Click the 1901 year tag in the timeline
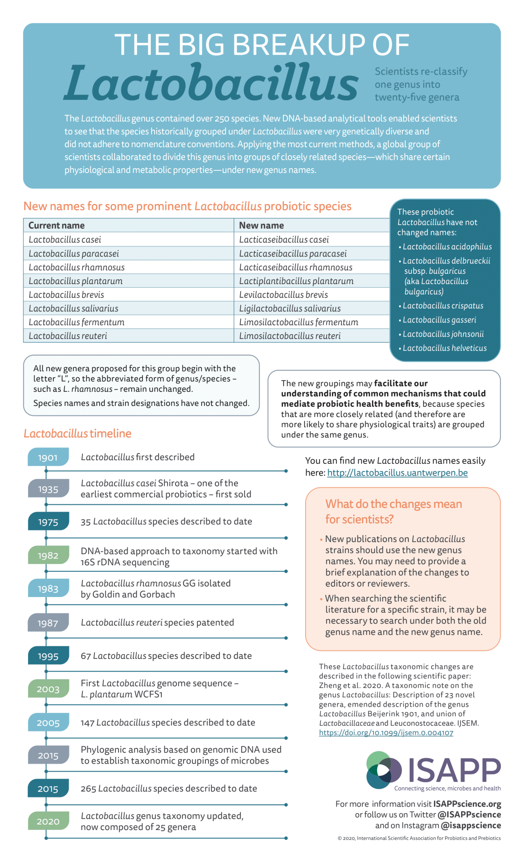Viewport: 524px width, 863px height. pyautogui.click(x=48, y=457)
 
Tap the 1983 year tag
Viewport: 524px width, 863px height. pyautogui.click(x=48, y=589)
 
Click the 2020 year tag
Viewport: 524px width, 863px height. pyautogui.click(x=48, y=821)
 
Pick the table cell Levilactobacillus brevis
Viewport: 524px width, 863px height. pyautogui.click(x=283, y=295)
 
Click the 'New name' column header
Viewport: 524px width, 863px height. pyautogui.click(x=261, y=226)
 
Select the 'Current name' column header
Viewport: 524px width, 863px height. pyautogui.click(x=56, y=226)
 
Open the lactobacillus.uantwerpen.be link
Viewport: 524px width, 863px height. pyautogui.click(x=397, y=473)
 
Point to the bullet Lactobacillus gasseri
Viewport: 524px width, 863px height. pyautogui.click(x=439, y=320)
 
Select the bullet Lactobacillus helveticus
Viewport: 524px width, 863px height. pyautogui.click(x=444, y=348)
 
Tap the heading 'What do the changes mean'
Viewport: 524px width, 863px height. pyautogui.click(x=394, y=504)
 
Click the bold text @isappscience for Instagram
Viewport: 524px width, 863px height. pyautogui.click(x=471, y=826)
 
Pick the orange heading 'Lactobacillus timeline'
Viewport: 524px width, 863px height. pyautogui.click(x=78, y=434)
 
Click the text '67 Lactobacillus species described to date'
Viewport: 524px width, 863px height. pyautogui.click(x=166, y=656)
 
